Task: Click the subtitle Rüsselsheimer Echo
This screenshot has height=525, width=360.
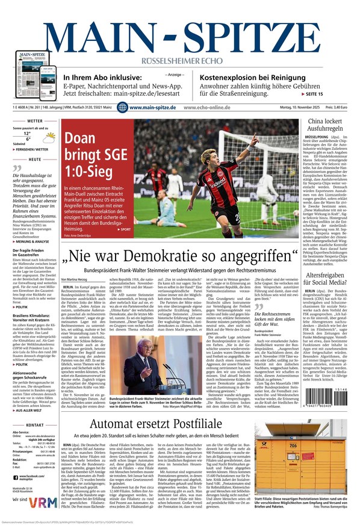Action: (x=180, y=62)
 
